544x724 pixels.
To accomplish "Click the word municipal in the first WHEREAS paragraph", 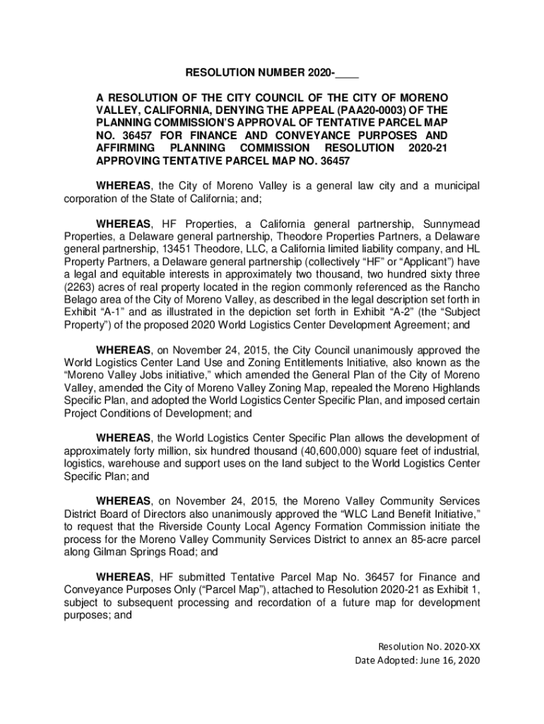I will point(449,185).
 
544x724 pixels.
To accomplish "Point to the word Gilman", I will point(107,551).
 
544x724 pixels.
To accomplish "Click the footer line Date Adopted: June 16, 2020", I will point(417,660).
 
